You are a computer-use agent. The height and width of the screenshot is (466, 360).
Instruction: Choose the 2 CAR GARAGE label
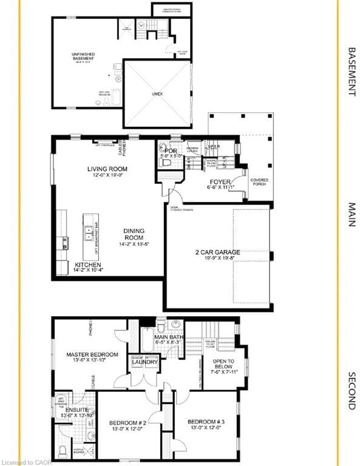click(217, 252)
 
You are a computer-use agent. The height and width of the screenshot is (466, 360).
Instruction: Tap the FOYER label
click(219, 181)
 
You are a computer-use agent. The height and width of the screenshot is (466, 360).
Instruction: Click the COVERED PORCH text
click(259, 183)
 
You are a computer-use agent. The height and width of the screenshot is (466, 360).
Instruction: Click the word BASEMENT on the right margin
click(350, 72)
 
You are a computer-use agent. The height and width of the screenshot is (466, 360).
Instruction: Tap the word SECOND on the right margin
click(350, 390)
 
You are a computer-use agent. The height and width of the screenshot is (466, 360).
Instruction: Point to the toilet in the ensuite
click(63, 451)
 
